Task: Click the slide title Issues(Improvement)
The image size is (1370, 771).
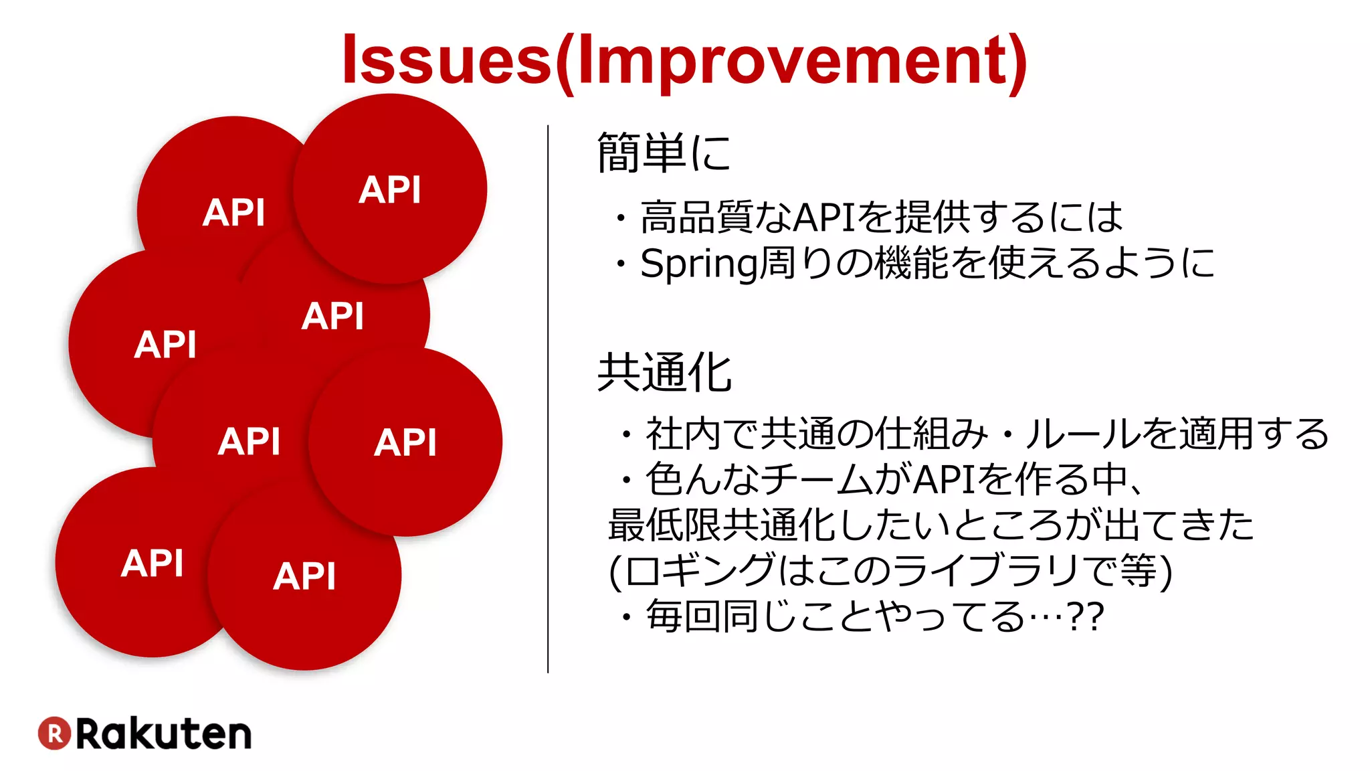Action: coord(684,60)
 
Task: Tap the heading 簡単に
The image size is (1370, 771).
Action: coord(664,153)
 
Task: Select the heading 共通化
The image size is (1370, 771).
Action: coord(664,373)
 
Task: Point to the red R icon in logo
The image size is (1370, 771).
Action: coord(54,733)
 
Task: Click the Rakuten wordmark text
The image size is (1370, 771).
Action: coord(164,734)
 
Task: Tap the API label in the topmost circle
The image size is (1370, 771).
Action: coord(389,189)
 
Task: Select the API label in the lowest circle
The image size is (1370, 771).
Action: coord(304,576)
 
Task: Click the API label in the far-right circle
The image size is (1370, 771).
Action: coord(405,442)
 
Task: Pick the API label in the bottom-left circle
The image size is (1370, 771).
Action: coord(153,563)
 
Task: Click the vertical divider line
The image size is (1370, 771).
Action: coord(548,399)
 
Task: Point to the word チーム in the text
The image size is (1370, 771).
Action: coord(817,479)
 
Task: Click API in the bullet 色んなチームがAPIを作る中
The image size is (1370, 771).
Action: coord(945,479)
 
